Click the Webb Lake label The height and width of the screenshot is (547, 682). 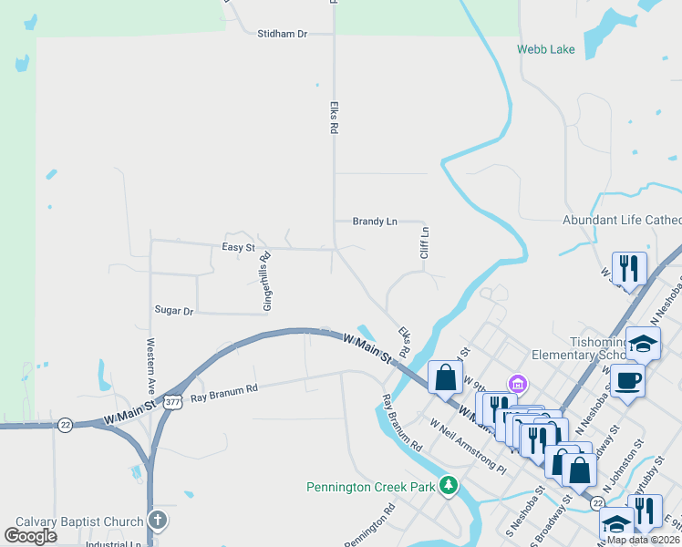point(546,49)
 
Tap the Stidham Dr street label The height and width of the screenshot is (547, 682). point(283,34)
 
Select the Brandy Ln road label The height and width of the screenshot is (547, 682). point(376,222)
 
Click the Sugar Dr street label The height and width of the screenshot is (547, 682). point(174,311)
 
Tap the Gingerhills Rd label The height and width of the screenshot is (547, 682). point(267,282)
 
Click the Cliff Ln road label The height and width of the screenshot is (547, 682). point(424,243)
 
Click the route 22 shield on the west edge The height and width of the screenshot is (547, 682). point(65,425)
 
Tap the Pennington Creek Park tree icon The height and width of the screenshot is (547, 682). point(448,486)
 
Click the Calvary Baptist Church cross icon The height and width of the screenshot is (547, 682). point(158,521)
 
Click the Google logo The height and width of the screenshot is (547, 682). point(31,535)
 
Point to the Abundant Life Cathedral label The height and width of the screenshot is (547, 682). point(622,221)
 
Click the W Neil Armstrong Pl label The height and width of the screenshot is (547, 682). point(468,446)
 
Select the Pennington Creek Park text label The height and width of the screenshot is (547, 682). point(370,487)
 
